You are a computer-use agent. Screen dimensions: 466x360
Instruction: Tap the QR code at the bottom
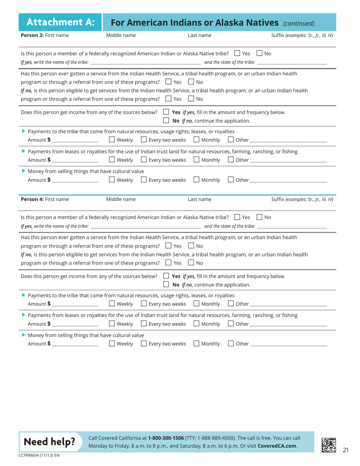[x=328, y=444]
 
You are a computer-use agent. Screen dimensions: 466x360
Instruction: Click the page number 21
[x=345, y=450]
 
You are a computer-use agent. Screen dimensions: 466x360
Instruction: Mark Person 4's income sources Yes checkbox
[x=166, y=266]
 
